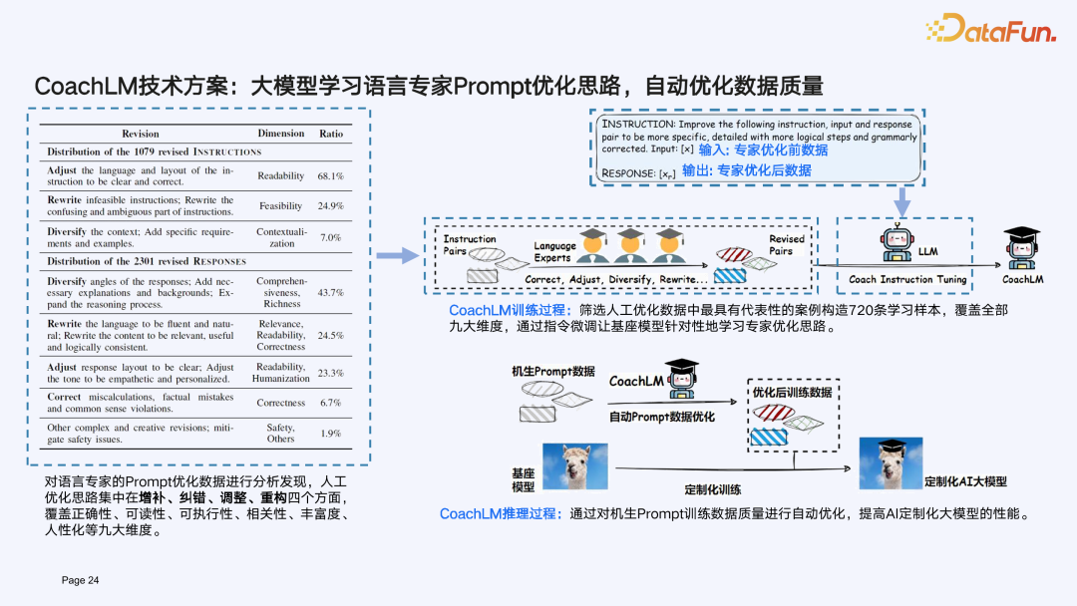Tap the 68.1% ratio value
[x=330, y=176]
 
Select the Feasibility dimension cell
[x=280, y=206]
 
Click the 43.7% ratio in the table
[x=330, y=293]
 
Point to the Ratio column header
[x=330, y=134]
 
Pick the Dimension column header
[x=281, y=134]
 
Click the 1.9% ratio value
[x=330, y=434]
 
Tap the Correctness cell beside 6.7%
[x=281, y=404]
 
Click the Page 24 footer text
[x=81, y=580]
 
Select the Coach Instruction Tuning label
[x=907, y=280]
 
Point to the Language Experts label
[x=554, y=251]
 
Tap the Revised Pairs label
[x=786, y=245]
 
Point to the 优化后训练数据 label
[x=792, y=393]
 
